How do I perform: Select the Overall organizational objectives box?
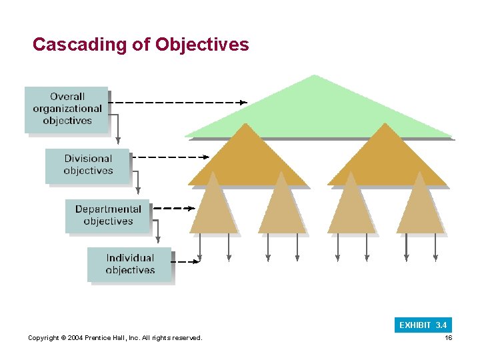click(x=67, y=109)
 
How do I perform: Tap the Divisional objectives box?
click(x=88, y=165)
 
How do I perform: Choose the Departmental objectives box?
click(x=108, y=215)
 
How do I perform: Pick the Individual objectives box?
click(x=130, y=264)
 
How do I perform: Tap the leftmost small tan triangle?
click(x=213, y=210)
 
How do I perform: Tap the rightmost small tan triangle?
click(x=420, y=210)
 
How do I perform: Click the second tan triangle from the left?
click(x=282, y=210)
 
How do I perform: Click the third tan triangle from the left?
click(x=351, y=210)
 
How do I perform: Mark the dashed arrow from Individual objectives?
click(x=187, y=262)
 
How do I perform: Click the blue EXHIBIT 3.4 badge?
click(x=423, y=325)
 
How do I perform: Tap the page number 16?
click(x=449, y=338)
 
